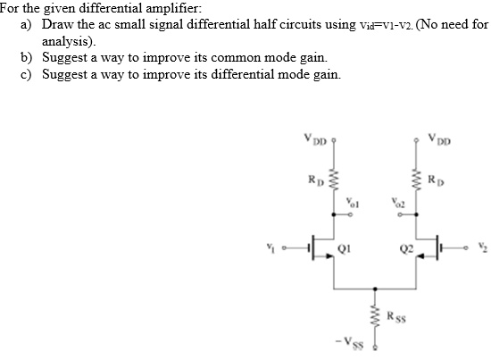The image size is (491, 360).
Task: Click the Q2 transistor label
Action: click(407, 248)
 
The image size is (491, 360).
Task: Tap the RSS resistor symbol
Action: click(376, 317)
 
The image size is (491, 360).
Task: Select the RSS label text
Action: click(396, 316)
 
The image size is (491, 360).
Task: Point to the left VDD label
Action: click(315, 139)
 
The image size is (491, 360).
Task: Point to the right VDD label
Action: click(439, 139)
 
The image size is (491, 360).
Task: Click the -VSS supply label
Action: click(350, 342)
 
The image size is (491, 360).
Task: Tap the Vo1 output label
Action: click(353, 203)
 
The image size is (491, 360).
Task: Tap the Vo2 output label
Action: click(398, 203)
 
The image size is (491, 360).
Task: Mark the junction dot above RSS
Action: click(375, 289)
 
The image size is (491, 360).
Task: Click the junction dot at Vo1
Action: click(334, 214)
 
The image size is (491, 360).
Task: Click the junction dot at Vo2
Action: click(416, 214)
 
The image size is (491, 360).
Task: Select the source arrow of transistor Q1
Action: click(329, 256)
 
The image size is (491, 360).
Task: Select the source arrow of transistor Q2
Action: click(420, 256)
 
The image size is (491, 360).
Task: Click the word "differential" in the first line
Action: click(111, 8)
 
